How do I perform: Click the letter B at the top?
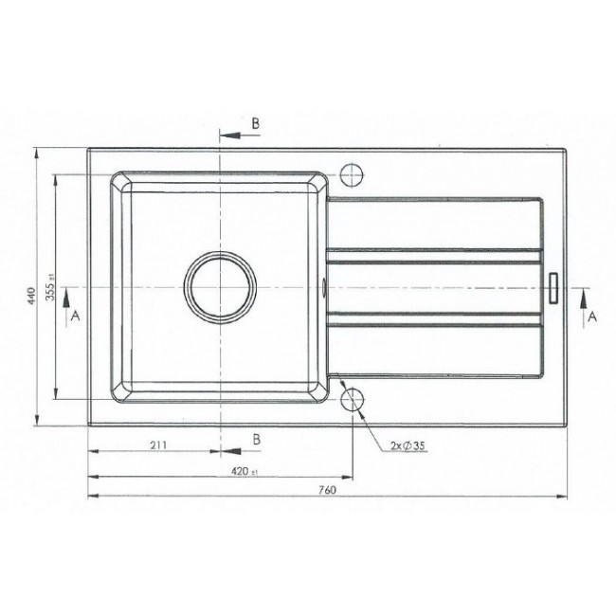coord(255,124)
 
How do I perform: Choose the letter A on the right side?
coord(591,317)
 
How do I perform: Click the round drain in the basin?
coord(221,287)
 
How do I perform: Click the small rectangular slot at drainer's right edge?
coord(554,286)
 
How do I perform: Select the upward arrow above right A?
coord(582,296)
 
